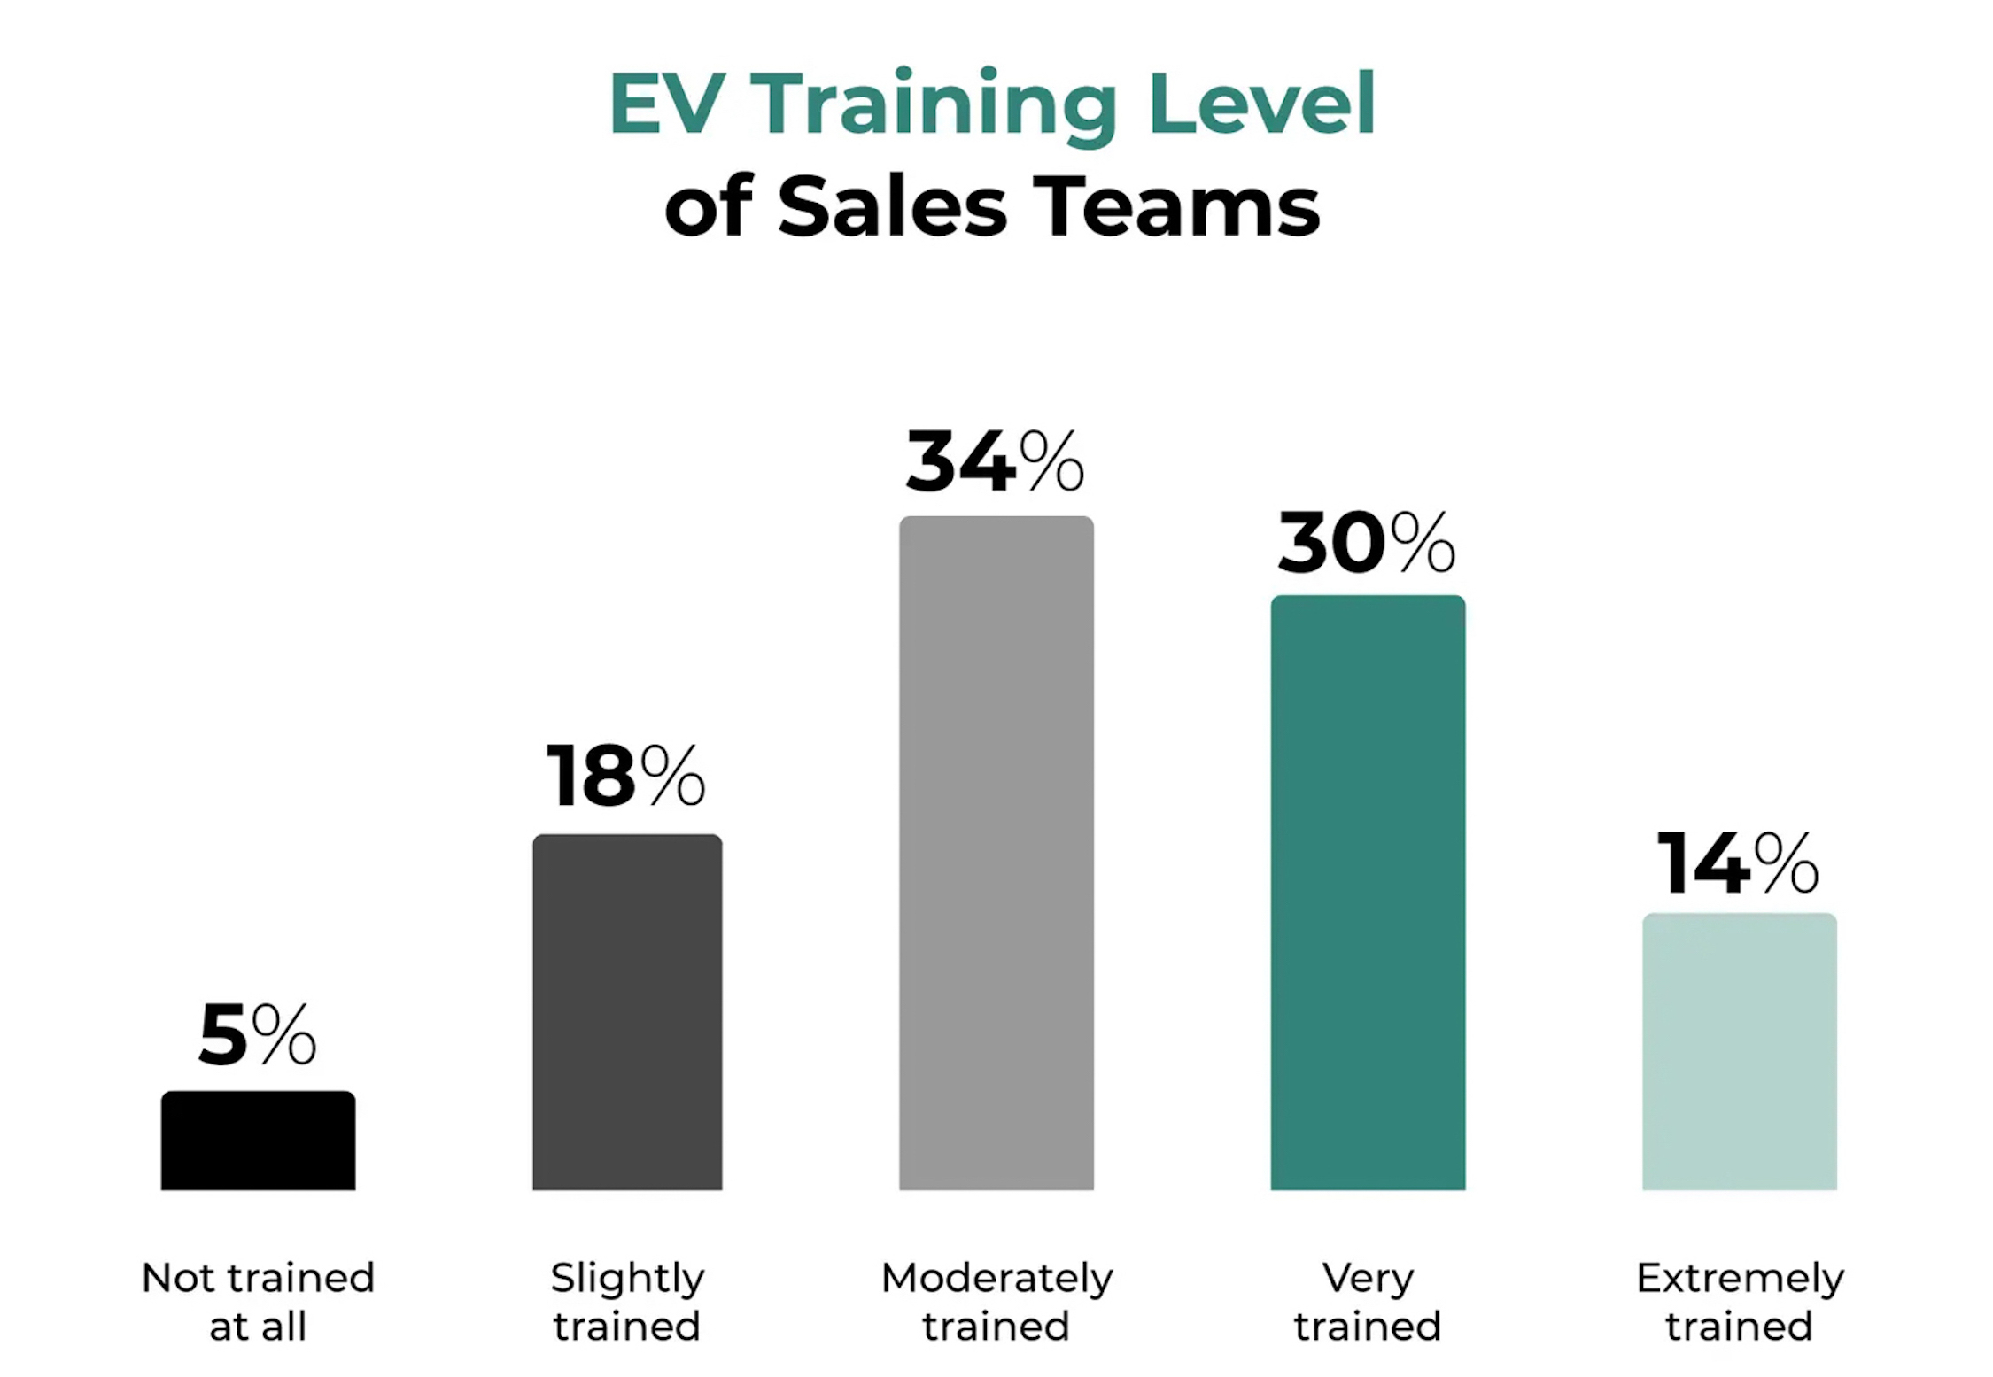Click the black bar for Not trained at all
[x=258, y=1141]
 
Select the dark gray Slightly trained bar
[x=627, y=1011]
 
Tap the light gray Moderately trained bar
[x=996, y=853]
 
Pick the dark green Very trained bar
[x=1368, y=892]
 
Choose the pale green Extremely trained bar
[x=1739, y=1051]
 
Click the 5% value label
[x=257, y=1034]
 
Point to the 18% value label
[x=625, y=776]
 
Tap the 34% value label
[x=995, y=460]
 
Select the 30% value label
[x=1366, y=542]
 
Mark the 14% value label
[x=1737, y=863]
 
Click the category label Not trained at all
[x=258, y=1302]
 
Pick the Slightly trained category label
[x=627, y=1302]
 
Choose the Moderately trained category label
[x=996, y=1302]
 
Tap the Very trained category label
[x=1368, y=1302]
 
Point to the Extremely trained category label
[x=1740, y=1302]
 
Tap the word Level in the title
[x=1261, y=104]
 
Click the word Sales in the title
[x=893, y=205]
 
